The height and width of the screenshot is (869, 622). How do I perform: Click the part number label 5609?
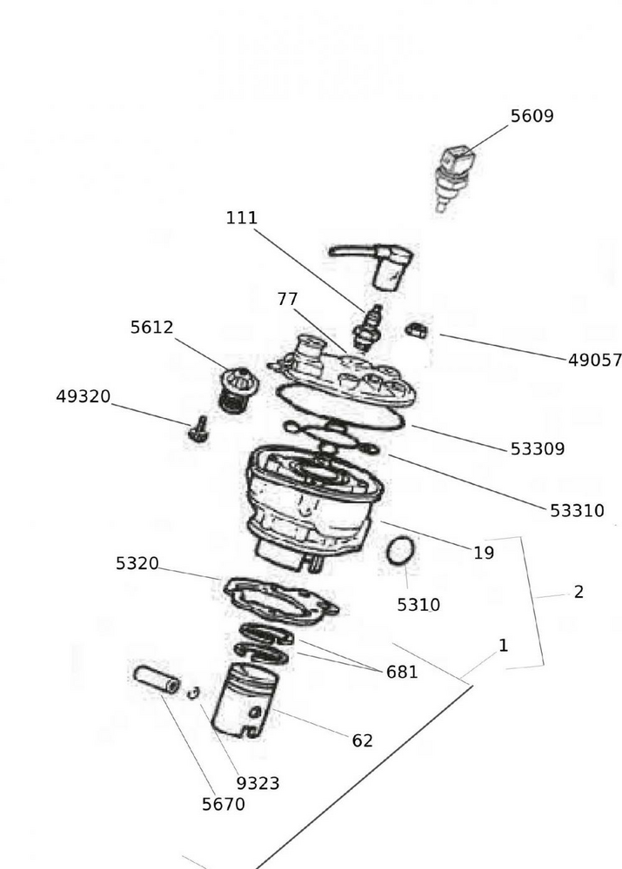point(532,116)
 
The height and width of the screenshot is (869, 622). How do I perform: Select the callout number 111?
point(242,218)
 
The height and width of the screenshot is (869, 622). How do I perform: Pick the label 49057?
point(595,361)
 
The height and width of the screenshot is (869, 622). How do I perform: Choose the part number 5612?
point(152,328)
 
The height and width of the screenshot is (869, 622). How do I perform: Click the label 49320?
point(84,396)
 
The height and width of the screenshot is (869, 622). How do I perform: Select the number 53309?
point(537,449)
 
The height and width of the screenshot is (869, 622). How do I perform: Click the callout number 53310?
point(577,511)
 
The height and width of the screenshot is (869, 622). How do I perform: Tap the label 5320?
point(137,563)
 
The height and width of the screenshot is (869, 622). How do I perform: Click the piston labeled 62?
point(244,701)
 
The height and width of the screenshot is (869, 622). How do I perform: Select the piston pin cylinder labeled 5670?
point(157,680)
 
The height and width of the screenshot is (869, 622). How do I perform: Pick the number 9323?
point(258,783)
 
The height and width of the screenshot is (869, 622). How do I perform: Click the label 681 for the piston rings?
point(402,672)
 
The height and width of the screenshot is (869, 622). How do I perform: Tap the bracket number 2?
point(579,593)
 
